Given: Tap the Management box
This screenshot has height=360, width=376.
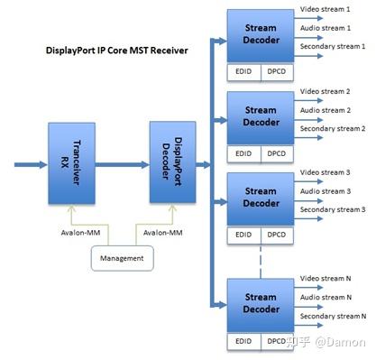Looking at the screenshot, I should click(120, 260).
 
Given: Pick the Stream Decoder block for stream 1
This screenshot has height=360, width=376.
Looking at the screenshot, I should click(261, 33).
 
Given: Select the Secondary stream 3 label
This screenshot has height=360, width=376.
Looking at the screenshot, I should click(333, 209).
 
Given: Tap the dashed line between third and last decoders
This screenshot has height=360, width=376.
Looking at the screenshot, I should click(261, 259).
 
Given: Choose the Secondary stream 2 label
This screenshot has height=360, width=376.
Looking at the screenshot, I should click(333, 128).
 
